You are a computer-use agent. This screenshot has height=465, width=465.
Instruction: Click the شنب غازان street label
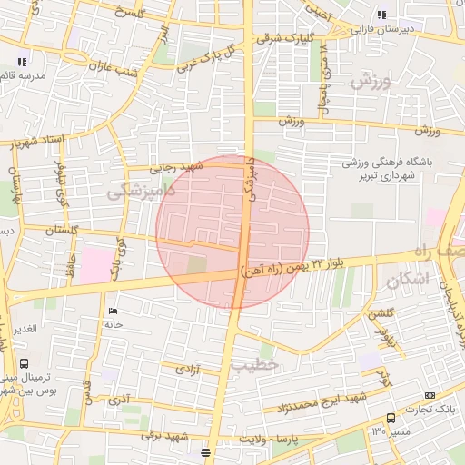tap(113, 66)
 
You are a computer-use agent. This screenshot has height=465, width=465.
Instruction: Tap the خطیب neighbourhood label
tap(250, 364)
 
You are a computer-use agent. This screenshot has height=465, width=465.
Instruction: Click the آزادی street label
tap(186, 371)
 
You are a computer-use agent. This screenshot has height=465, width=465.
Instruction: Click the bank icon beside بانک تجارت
tap(429, 395)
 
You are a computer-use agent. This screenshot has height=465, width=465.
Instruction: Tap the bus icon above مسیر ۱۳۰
tap(391, 419)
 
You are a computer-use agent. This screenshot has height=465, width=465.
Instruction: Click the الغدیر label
tap(24, 328)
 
